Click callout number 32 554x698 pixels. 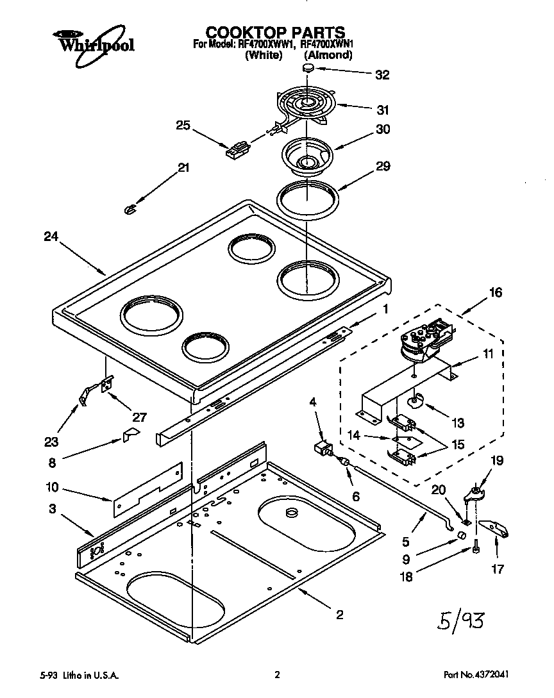coord(382,74)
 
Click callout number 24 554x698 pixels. coord(51,237)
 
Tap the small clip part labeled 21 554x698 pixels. coord(130,208)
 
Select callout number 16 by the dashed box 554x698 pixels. coord(496,293)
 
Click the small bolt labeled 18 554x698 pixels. coord(475,548)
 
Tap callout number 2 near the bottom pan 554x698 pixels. coord(339,615)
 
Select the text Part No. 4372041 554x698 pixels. coord(478,675)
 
